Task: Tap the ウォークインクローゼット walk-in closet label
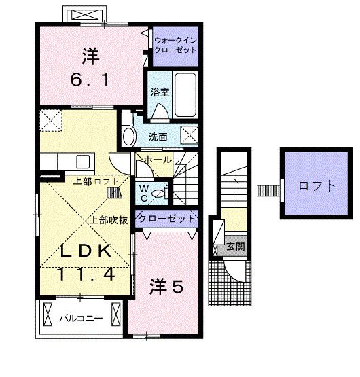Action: click(x=175, y=46)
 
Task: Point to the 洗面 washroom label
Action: click(x=158, y=137)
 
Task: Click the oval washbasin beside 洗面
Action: click(x=128, y=137)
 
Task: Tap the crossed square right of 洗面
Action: click(x=190, y=133)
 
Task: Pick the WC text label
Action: click(x=144, y=192)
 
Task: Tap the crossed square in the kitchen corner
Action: click(x=50, y=122)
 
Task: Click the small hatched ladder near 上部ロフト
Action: click(x=113, y=194)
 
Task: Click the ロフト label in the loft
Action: click(x=317, y=185)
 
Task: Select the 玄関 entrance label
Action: click(x=235, y=247)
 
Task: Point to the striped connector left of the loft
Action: click(x=268, y=190)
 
